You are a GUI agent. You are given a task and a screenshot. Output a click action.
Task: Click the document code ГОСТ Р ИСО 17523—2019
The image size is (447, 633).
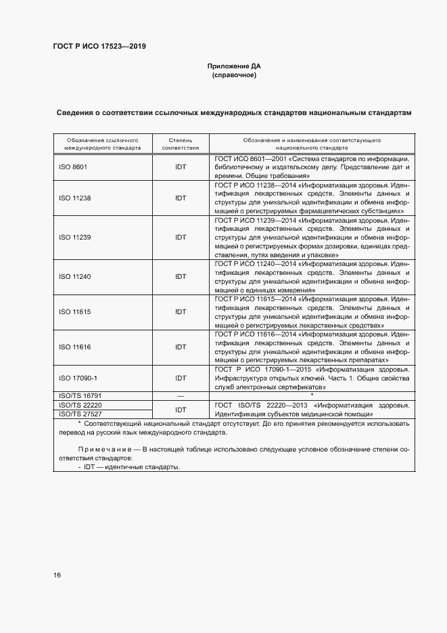tap(99, 47)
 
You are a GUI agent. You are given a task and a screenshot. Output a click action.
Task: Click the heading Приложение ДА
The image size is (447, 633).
tap(233, 66)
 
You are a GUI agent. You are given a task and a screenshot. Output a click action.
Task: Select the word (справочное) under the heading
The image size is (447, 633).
tap(233, 75)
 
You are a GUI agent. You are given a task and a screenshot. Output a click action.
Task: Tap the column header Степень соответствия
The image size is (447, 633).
tap(181, 142)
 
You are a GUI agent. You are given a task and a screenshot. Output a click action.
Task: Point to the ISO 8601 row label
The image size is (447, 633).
tap(73, 166)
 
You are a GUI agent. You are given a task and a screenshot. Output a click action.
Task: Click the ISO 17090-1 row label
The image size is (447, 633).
tap(78, 378)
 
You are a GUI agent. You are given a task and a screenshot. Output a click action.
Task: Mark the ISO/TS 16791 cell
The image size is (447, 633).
tap(80, 394)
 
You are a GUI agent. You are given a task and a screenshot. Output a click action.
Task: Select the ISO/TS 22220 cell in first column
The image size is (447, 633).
tap(80, 403)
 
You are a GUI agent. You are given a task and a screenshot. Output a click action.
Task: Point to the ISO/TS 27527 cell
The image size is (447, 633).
tap(80, 413)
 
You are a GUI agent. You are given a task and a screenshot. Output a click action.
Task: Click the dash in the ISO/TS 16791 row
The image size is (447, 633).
tap(180, 394)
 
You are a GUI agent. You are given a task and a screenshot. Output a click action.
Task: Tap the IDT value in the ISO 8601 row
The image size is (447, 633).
tap(181, 166)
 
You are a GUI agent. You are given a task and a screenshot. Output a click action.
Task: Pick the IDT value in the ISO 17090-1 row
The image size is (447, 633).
tap(181, 378)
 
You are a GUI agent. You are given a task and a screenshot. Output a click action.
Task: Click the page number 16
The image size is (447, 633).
tap(57, 575)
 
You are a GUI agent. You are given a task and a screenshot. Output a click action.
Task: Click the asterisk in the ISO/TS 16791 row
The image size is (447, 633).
tap(311, 393)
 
